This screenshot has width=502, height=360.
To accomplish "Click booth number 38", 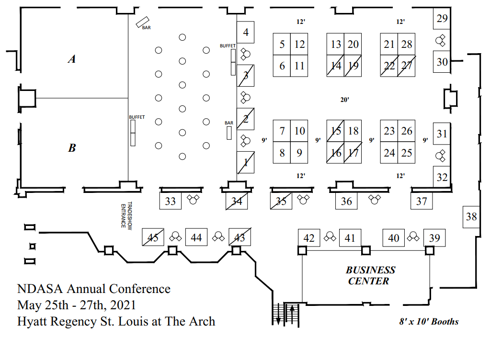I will (x=471, y=217).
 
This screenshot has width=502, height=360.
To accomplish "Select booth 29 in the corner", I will (x=442, y=19).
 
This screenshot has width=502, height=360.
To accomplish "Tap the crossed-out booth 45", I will (x=153, y=237).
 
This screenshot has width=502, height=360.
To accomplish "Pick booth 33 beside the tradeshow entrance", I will (x=171, y=201).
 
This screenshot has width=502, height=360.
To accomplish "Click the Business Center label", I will (x=371, y=276).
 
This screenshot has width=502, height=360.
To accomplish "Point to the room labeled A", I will (x=72, y=59).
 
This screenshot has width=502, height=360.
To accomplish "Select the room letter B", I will (x=72, y=148).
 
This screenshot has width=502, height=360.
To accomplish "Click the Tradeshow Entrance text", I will (x=123, y=216).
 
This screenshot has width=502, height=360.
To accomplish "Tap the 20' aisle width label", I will (x=344, y=100).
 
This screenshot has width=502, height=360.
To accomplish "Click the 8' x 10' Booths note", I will (x=429, y=322).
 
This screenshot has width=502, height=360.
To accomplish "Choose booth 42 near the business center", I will (x=309, y=238).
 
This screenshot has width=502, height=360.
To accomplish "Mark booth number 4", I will (x=246, y=33).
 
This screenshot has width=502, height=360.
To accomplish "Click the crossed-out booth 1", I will (x=246, y=163).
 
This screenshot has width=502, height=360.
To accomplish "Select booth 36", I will (x=346, y=201).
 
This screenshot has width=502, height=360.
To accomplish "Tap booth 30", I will (x=442, y=62).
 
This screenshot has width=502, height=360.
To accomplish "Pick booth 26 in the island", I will (x=407, y=131).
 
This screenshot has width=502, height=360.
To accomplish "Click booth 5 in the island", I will (x=282, y=45).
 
